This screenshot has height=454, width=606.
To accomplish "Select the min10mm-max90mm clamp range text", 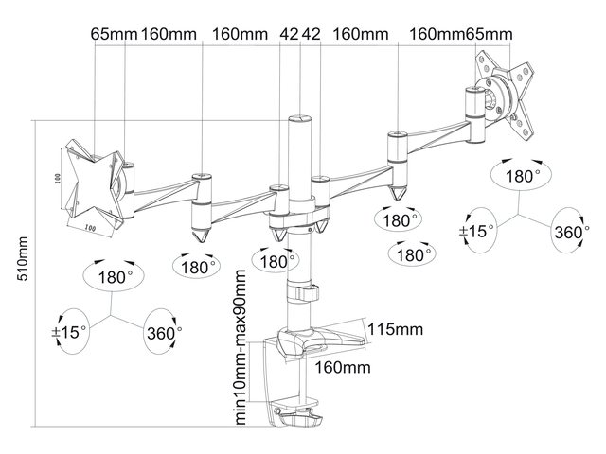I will pos(241,346).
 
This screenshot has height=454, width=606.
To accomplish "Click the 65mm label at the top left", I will pos(115,34).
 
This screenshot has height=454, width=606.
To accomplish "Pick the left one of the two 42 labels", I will pos(290,34).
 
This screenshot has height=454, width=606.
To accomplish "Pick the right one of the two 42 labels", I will pos(313,34).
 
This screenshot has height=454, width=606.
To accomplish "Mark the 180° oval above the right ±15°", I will pos(522,176).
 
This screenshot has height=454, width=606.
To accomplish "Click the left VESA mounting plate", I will pos(92,184).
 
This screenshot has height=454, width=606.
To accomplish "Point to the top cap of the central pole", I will pos(297,120).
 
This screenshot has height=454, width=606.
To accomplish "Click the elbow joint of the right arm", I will pos(398,156).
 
